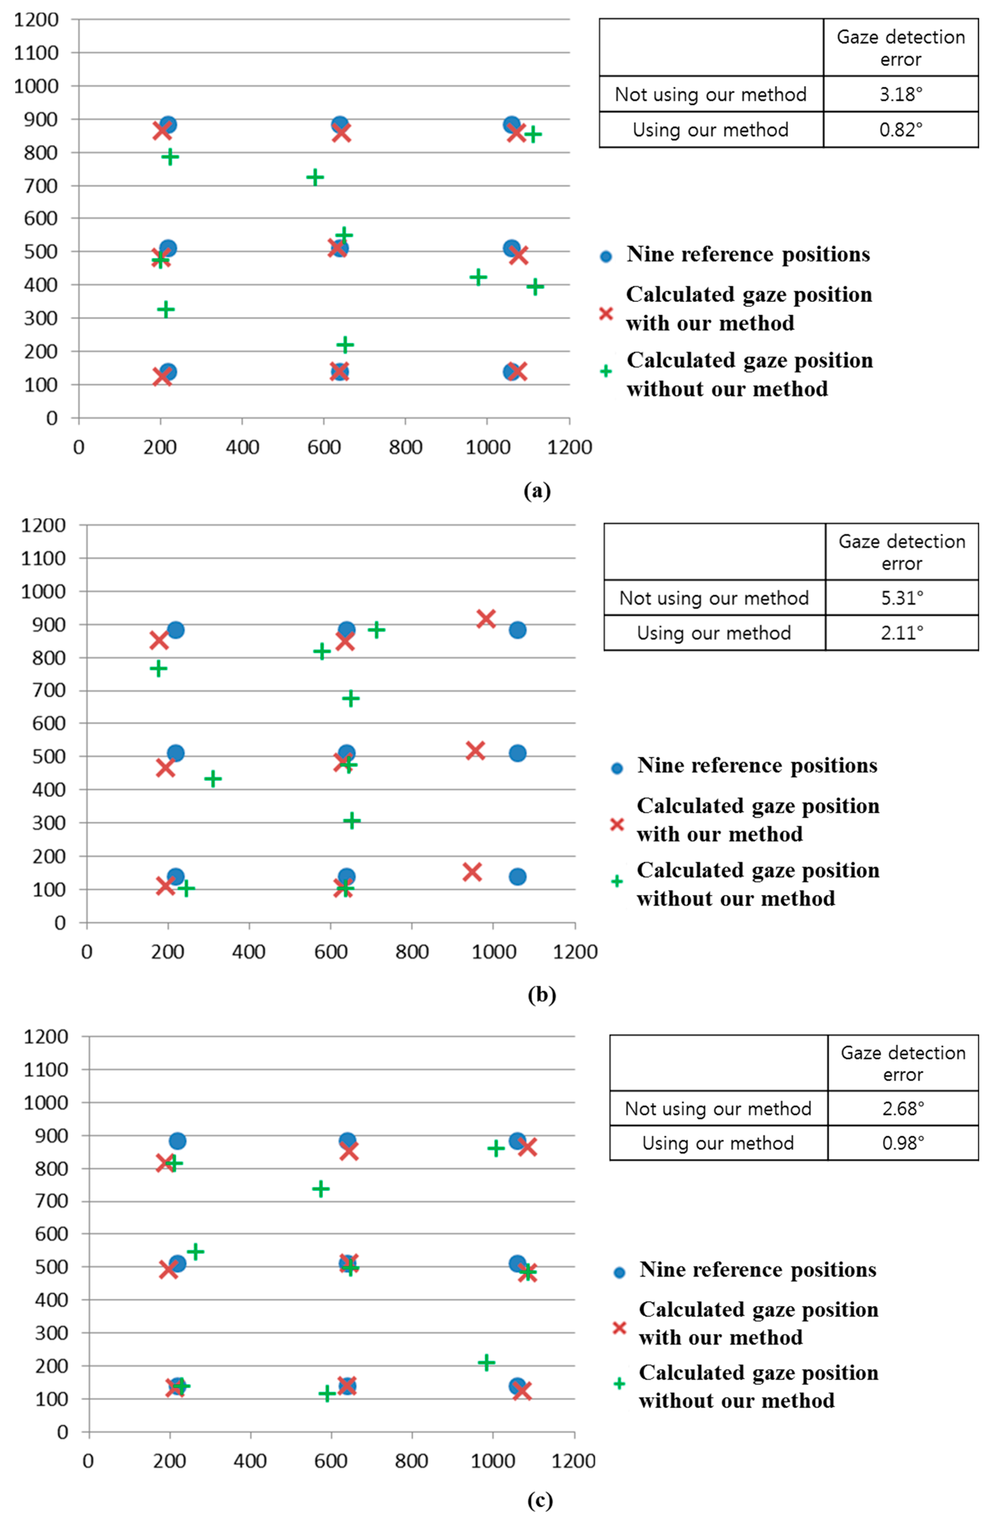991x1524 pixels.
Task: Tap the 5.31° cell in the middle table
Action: [901, 598]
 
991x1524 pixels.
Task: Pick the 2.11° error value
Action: [901, 633]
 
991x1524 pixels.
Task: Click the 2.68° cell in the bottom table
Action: [903, 1108]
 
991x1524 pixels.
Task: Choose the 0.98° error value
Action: [903, 1143]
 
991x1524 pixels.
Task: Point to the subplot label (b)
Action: [542, 994]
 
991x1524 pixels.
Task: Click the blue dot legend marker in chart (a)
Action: [606, 256]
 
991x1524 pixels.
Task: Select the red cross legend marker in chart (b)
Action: [616, 824]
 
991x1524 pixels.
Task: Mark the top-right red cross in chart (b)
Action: [486, 618]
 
